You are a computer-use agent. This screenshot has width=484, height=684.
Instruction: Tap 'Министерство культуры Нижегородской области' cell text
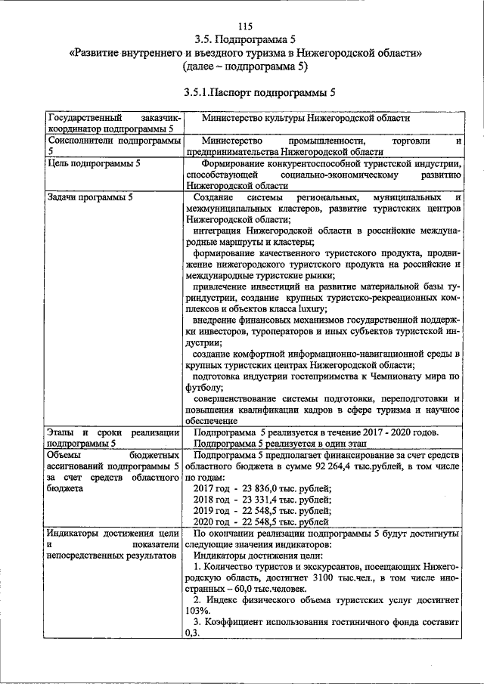(x=306, y=119)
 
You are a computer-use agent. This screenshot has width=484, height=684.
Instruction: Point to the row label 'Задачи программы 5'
(x=89, y=197)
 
